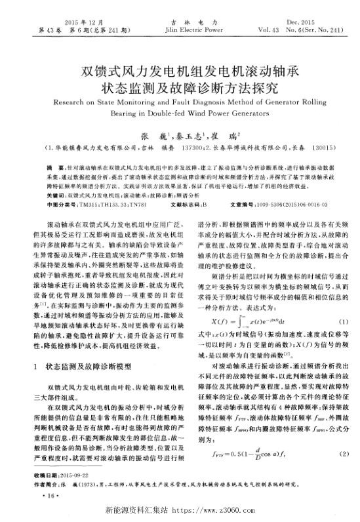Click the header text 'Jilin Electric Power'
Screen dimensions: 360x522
coord(185,30)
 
